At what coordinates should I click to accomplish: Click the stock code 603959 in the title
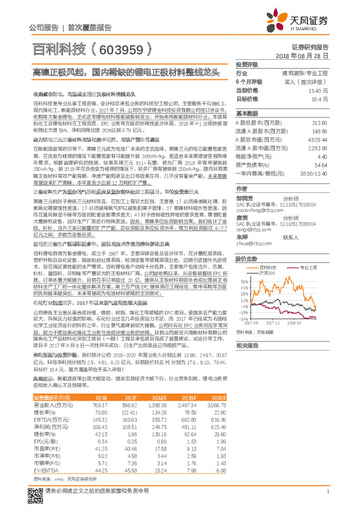pos(128,47)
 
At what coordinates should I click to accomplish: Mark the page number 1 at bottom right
pos(327,491)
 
